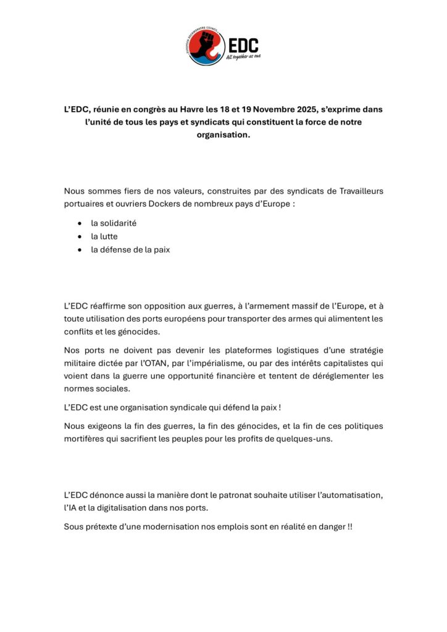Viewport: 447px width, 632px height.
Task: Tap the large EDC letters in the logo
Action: click(x=243, y=45)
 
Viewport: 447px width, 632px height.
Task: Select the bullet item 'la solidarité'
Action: click(x=114, y=223)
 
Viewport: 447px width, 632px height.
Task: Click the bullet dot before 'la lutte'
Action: click(x=80, y=236)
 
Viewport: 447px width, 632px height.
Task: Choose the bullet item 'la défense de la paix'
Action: click(x=130, y=250)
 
